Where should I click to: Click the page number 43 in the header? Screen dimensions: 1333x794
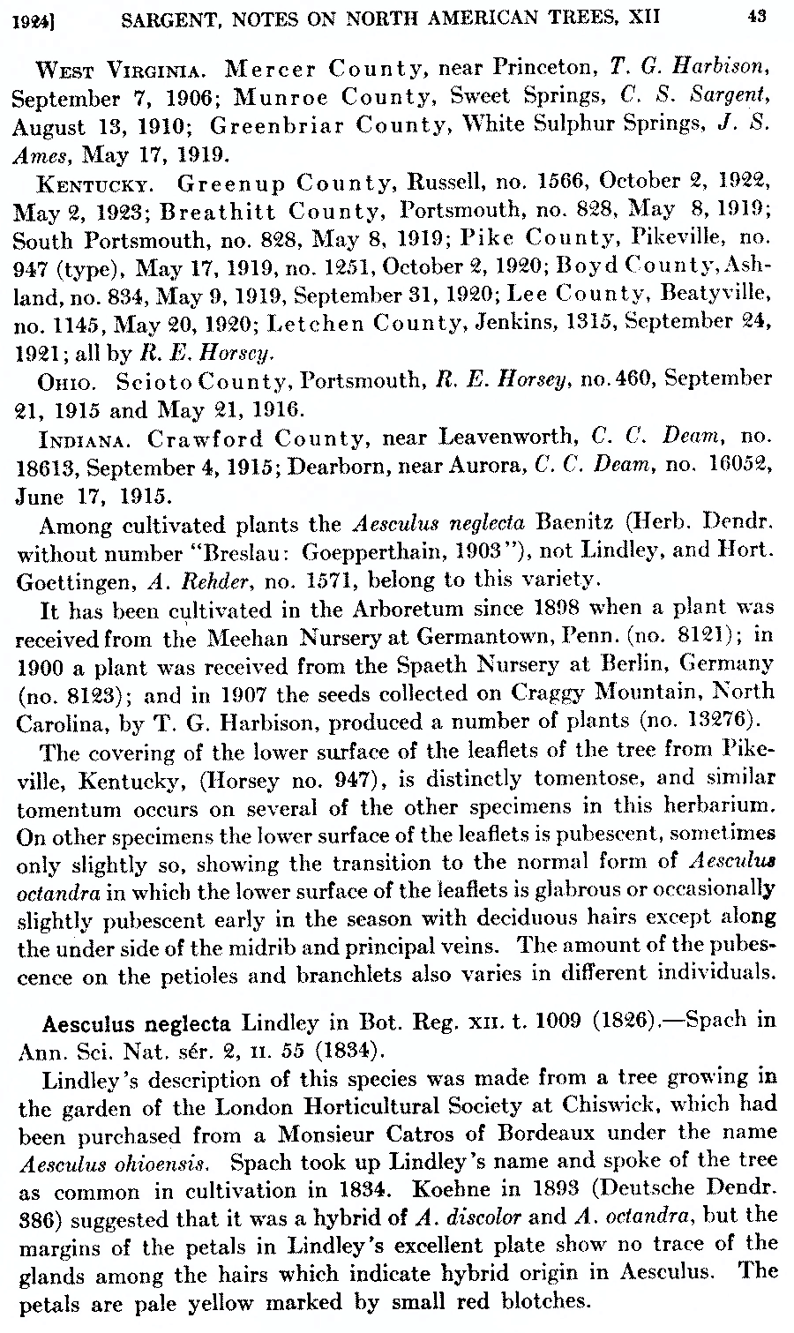point(755,13)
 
